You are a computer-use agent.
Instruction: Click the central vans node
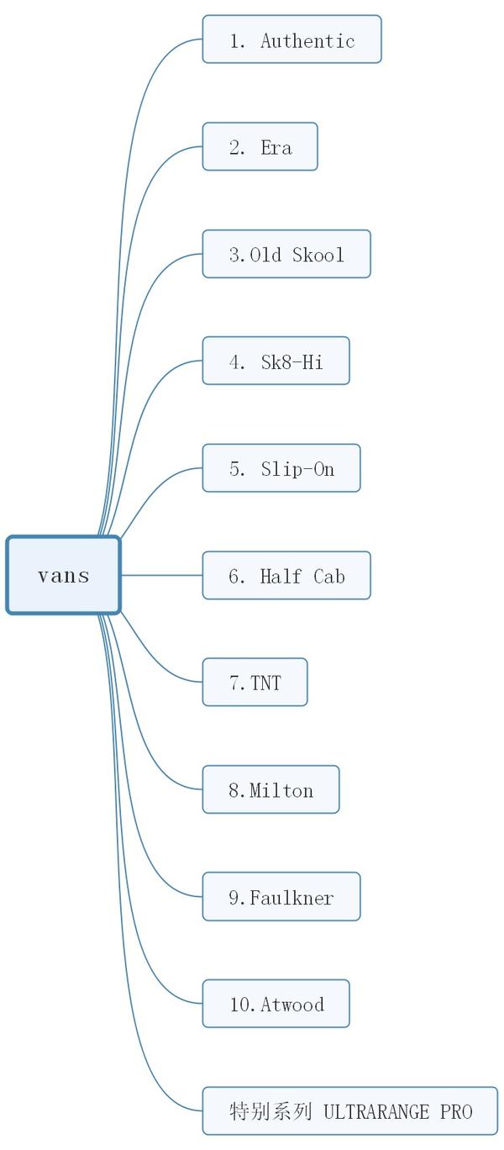tap(64, 576)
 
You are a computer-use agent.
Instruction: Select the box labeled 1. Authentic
tap(291, 40)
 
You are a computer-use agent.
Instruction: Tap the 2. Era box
tap(260, 147)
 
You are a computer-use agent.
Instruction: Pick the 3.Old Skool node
tap(286, 254)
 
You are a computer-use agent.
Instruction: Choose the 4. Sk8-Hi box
tap(276, 361)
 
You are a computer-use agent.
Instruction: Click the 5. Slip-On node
tap(281, 468)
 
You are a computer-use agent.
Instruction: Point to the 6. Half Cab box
tap(286, 576)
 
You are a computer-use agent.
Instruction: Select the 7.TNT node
tap(255, 683)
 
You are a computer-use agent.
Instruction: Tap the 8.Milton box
tap(270, 790)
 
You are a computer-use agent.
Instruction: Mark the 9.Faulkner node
tap(281, 897)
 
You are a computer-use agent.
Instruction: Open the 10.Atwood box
tap(276, 1004)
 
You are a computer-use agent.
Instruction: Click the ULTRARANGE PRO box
tap(349, 1111)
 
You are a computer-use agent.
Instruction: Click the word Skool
tap(318, 255)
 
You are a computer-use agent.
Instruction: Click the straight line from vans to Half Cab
tap(161, 575)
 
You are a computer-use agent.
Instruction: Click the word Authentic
tap(307, 40)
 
